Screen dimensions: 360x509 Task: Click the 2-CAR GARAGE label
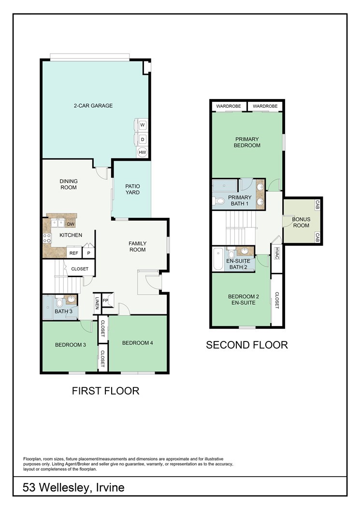(93, 105)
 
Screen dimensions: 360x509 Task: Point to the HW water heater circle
(143, 152)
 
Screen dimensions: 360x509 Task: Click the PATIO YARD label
(132, 189)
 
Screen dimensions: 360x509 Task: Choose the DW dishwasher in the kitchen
(71, 224)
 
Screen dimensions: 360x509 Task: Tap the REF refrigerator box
(74, 253)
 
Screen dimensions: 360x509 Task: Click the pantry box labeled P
(88, 253)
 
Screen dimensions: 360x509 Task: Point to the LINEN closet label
(97, 304)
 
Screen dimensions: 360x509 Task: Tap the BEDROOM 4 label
(137, 343)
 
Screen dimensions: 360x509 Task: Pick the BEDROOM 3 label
(71, 345)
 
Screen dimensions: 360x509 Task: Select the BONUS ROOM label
(301, 222)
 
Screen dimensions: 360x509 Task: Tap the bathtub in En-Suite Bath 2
(218, 259)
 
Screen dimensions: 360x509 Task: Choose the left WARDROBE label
(229, 106)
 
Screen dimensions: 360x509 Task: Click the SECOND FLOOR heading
(247, 345)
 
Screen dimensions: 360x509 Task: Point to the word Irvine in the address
(111, 487)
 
